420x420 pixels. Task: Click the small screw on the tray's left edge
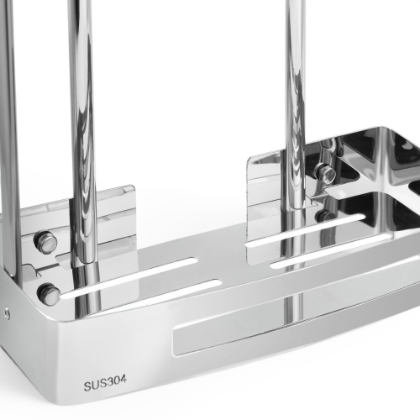pyautogui.click(x=6, y=312)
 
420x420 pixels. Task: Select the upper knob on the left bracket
pyautogui.click(x=45, y=242)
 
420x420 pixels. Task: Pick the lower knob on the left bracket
pyautogui.click(x=48, y=294)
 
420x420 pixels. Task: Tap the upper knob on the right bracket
pyautogui.click(x=325, y=171)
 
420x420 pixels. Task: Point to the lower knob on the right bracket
pyautogui.click(x=325, y=217)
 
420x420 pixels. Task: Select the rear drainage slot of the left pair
pyautogui.click(x=129, y=276)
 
